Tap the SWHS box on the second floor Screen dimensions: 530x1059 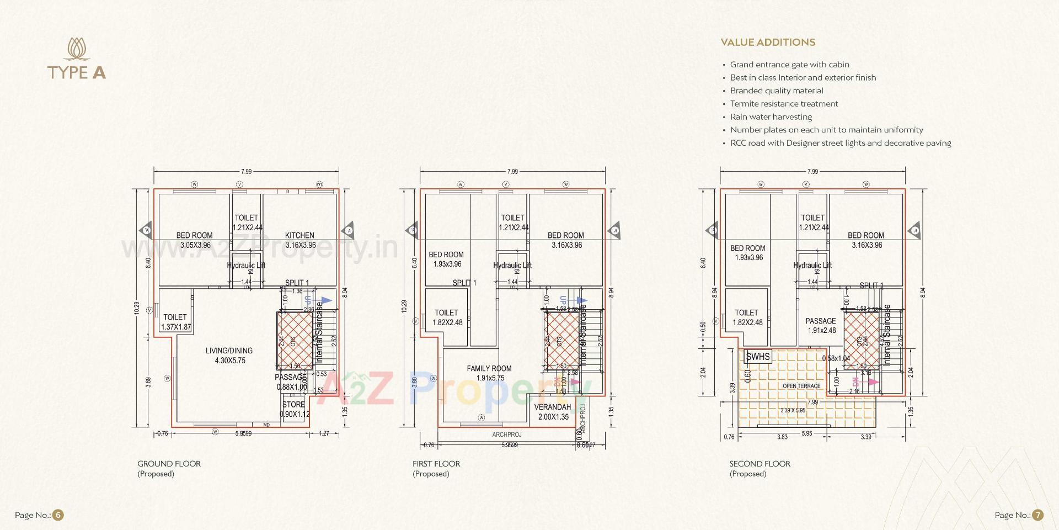(758, 357)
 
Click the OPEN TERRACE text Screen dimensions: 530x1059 (801, 386)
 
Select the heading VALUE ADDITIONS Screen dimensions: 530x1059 (768, 43)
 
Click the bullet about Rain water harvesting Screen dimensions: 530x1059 (771, 117)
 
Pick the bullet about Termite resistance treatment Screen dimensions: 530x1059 (784, 104)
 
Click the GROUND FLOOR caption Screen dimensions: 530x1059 (169, 464)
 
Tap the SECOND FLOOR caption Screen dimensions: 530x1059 (760, 464)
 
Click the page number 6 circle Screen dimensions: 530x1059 (58, 515)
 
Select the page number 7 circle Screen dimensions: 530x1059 (1037, 515)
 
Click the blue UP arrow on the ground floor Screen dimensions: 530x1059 (327, 300)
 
